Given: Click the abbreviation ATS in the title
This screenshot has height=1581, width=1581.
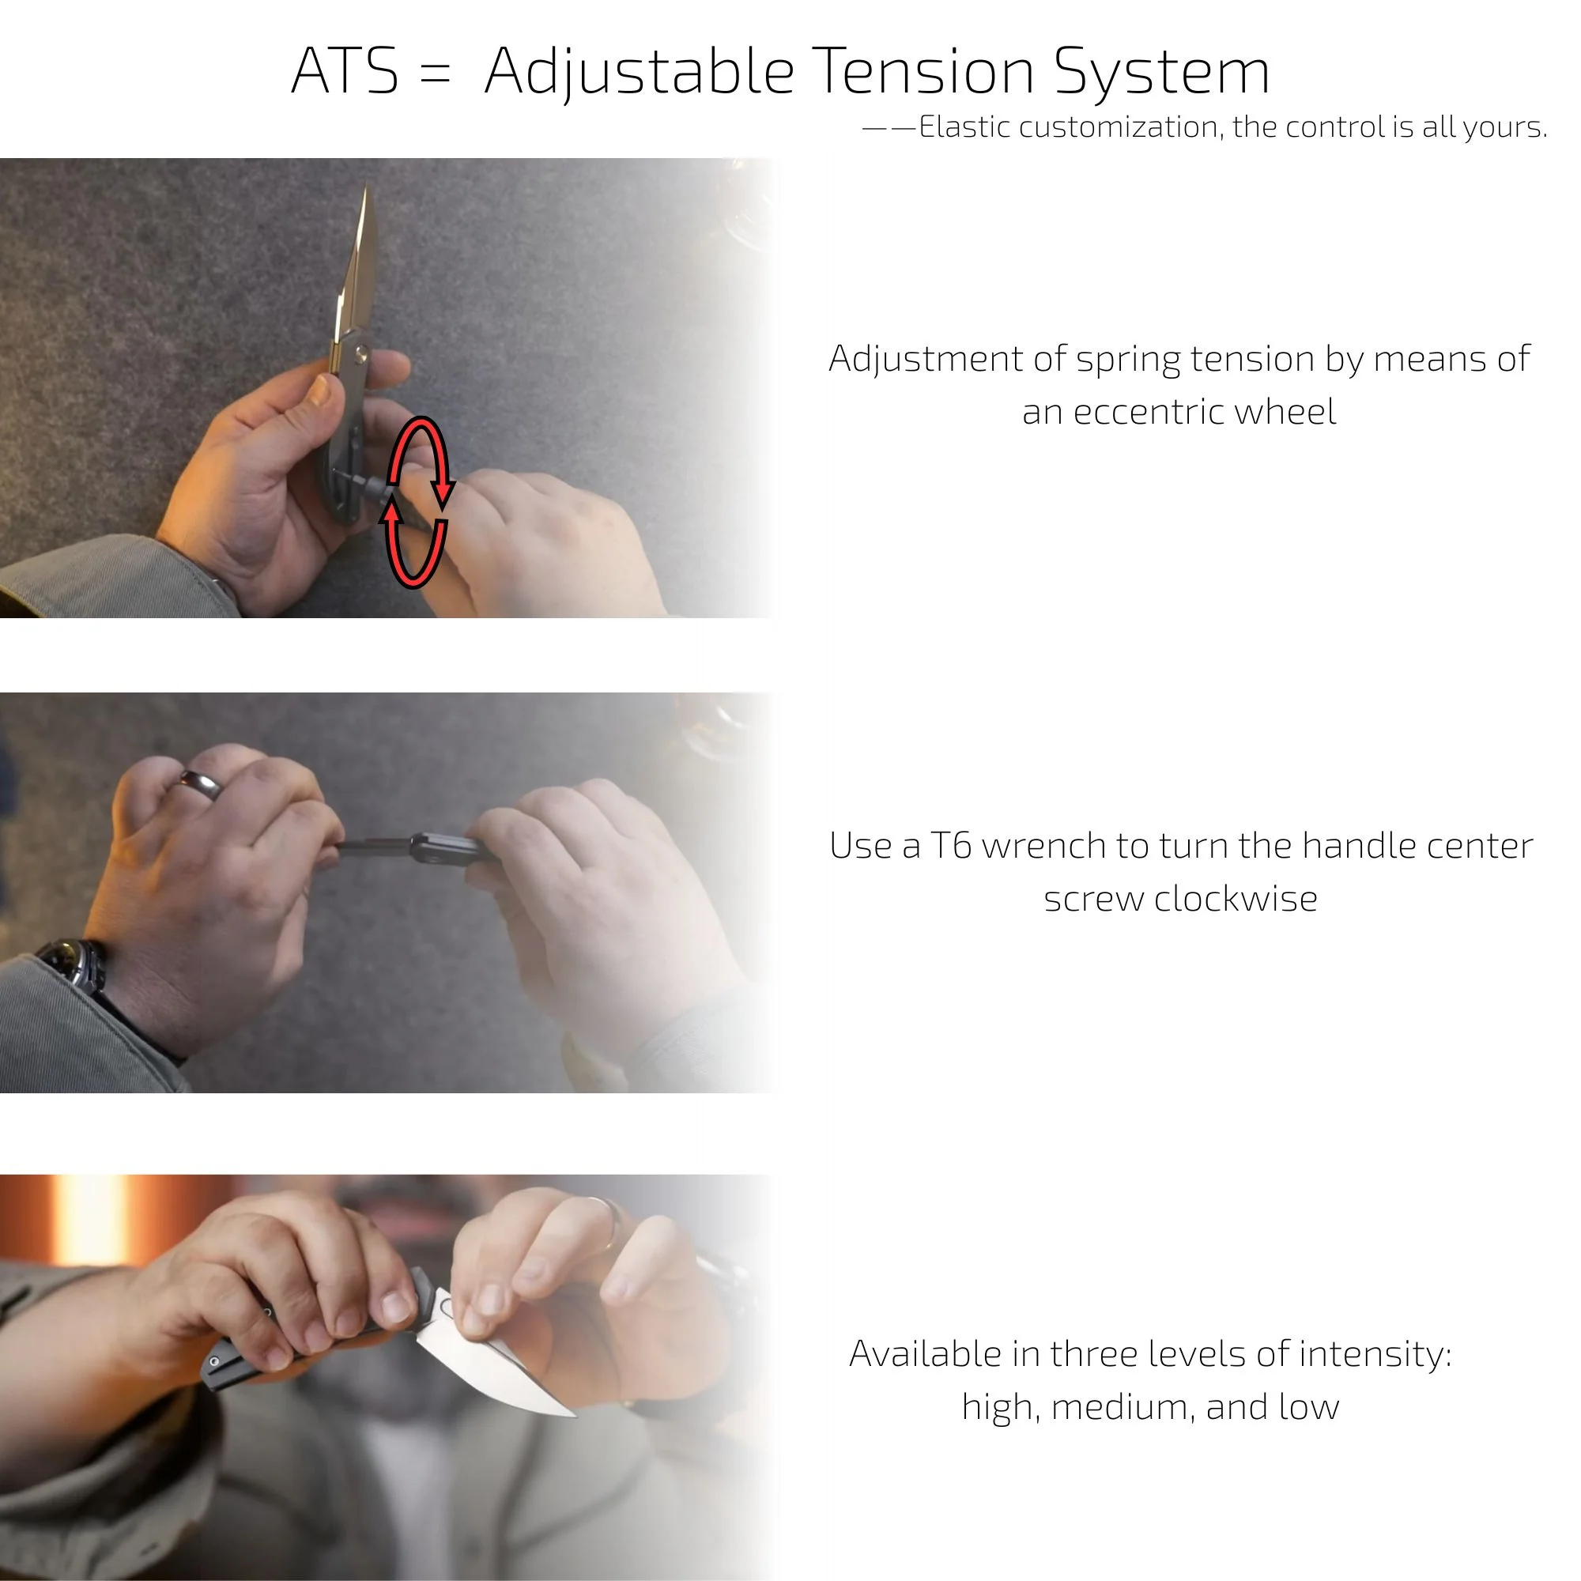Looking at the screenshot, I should (345, 72).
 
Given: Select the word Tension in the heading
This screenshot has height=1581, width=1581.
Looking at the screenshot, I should (924, 72).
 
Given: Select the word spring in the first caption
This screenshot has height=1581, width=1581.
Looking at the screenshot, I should (1128, 360).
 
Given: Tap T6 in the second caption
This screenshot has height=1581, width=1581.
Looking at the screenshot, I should (951, 846).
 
